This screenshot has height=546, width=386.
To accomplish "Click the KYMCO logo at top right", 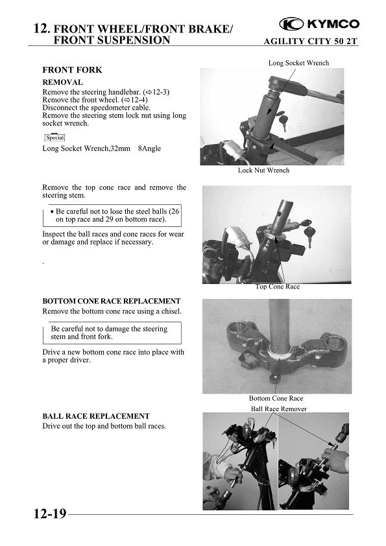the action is click(319, 24).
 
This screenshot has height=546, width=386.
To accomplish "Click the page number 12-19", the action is click(50, 514).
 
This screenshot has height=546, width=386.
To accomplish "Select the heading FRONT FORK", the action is click(72, 70).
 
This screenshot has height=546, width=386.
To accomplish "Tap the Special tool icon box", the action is click(54, 137).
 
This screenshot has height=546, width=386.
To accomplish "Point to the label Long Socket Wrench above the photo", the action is click(298, 63).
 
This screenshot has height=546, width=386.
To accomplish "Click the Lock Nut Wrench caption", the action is click(264, 170).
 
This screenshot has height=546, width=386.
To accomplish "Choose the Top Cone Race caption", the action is click(278, 287).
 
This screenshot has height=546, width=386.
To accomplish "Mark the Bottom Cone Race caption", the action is click(276, 398).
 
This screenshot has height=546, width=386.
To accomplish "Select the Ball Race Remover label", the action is click(279, 409).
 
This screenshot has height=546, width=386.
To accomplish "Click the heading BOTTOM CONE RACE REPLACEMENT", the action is click(112, 301).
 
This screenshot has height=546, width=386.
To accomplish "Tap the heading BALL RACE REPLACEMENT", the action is click(96, 416).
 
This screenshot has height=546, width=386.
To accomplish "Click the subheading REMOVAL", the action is click(63, 82).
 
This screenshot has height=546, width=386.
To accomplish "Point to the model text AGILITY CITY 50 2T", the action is click(310, 42).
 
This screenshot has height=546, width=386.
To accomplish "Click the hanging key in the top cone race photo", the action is click(309, 234).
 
